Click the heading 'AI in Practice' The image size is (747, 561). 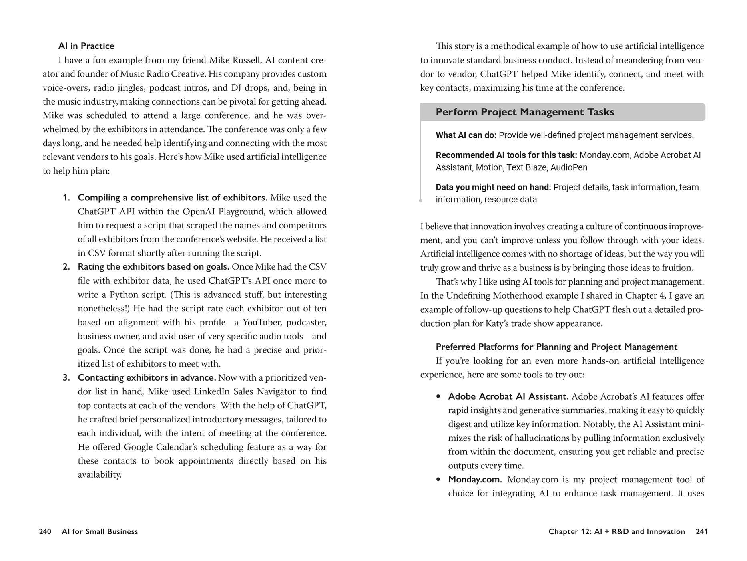[x=86, y=46]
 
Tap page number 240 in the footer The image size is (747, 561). [x=45, y=531]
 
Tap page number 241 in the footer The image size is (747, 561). [x=701, y=531]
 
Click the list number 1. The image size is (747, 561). [x=66, y=198]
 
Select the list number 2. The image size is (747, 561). [x=66, y=267]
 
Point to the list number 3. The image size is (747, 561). [x=66, y=378]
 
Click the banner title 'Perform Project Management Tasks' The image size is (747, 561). [x=524, y=112]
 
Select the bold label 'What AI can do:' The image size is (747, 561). [x=466, y=135]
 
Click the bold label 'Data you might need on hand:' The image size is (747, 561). [x=493, y=187]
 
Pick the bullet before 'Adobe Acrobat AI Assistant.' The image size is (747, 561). [x=438, y=396]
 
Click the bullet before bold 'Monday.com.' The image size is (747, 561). [x=438, y=480]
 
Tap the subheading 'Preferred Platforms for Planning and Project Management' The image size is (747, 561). [x=556, y=347]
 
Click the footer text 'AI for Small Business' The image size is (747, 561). [x=100, y=531]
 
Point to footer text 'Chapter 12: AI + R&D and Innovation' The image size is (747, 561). [x=616, y=531]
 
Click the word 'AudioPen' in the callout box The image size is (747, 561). [x=568, y=167]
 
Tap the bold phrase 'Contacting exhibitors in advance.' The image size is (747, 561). [x=147, y=378]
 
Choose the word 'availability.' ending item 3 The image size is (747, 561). [x=100, y=475]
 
